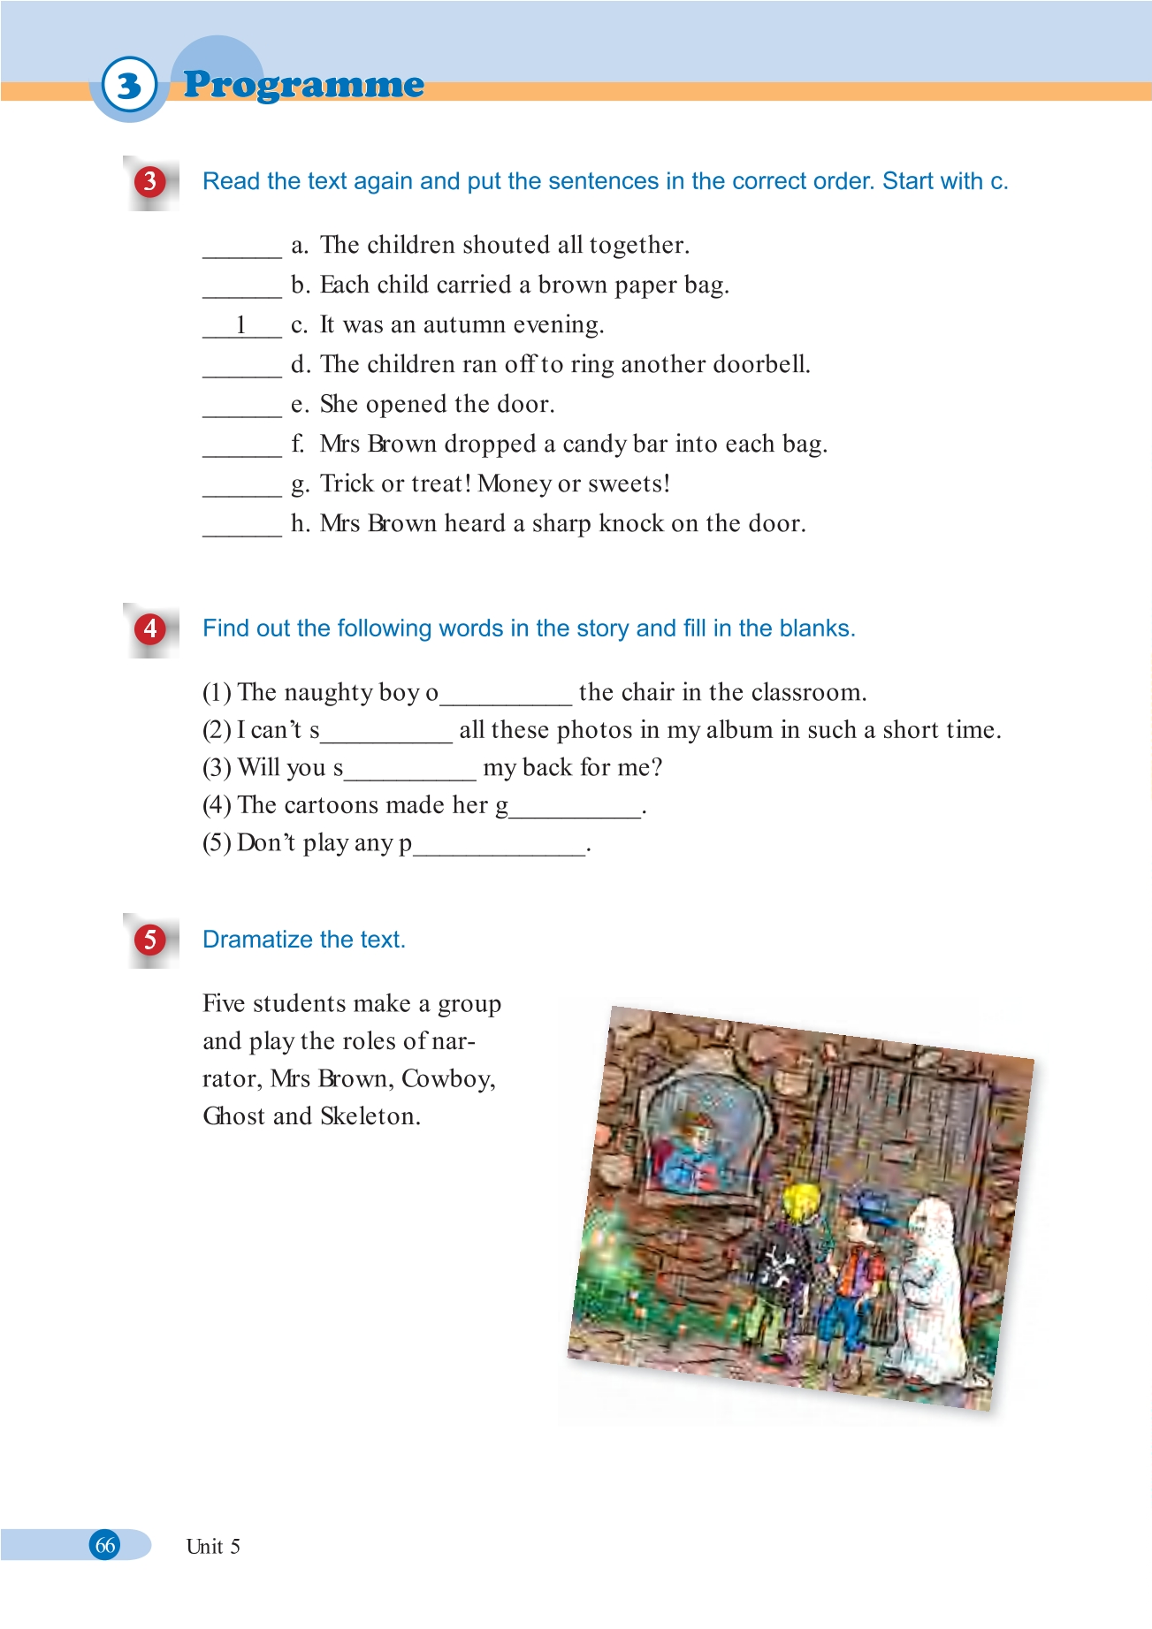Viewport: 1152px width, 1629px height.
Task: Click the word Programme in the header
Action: click(x=303, y=85)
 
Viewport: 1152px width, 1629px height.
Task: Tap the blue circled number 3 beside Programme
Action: click(x=129, y=86)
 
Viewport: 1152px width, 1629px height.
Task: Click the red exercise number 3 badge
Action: click(x=150, y=182)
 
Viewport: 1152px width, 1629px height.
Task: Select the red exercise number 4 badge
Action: click(x=150, y=629)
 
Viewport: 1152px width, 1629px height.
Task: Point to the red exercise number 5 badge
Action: click(x=150, y=940)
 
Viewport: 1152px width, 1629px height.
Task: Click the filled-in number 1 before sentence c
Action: click(x=240, y=325)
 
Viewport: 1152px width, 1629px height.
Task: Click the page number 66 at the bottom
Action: click(x=105, y=1545)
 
